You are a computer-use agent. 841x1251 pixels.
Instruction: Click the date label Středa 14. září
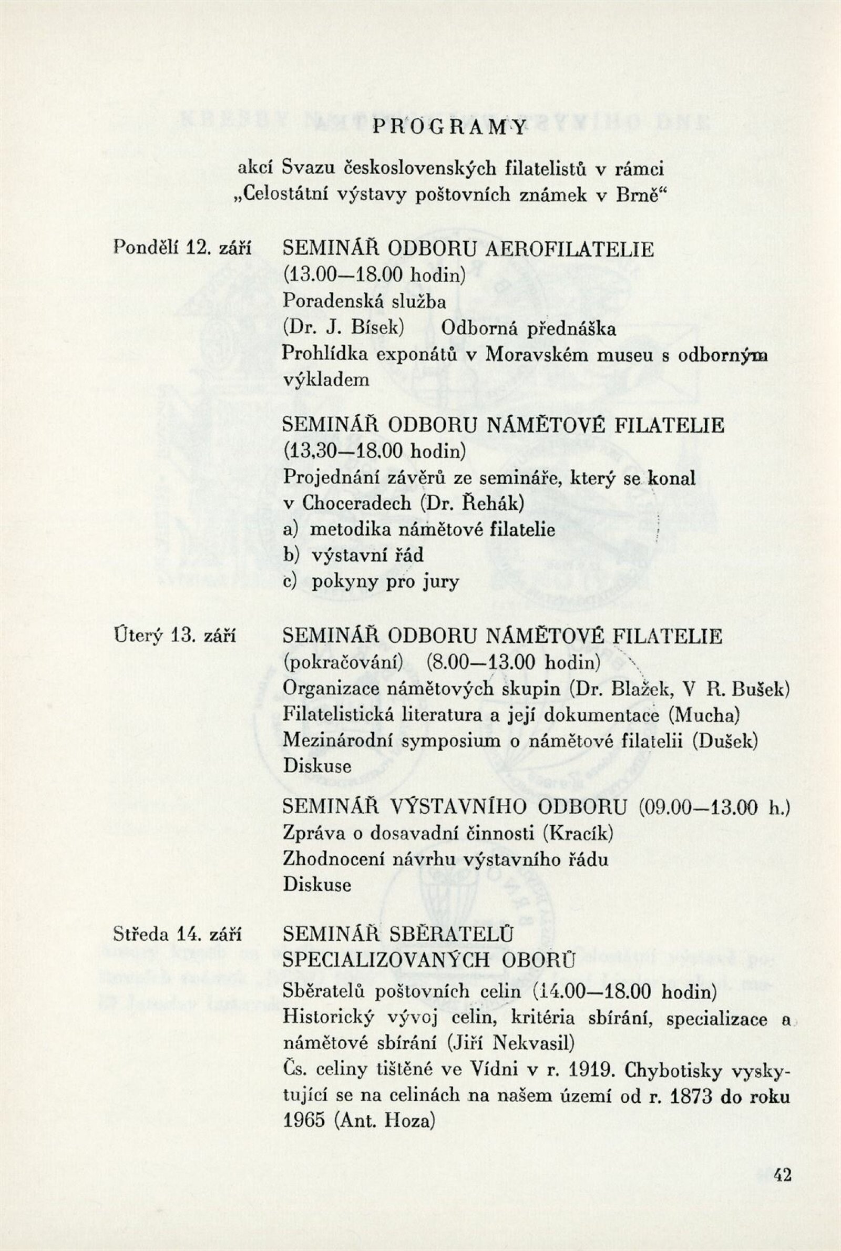pos(178,934)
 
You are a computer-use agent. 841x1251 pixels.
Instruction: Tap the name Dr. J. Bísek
pos(343,327)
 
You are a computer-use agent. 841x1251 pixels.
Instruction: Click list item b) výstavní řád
pos(353,555)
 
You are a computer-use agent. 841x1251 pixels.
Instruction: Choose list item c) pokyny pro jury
pos(371,581)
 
